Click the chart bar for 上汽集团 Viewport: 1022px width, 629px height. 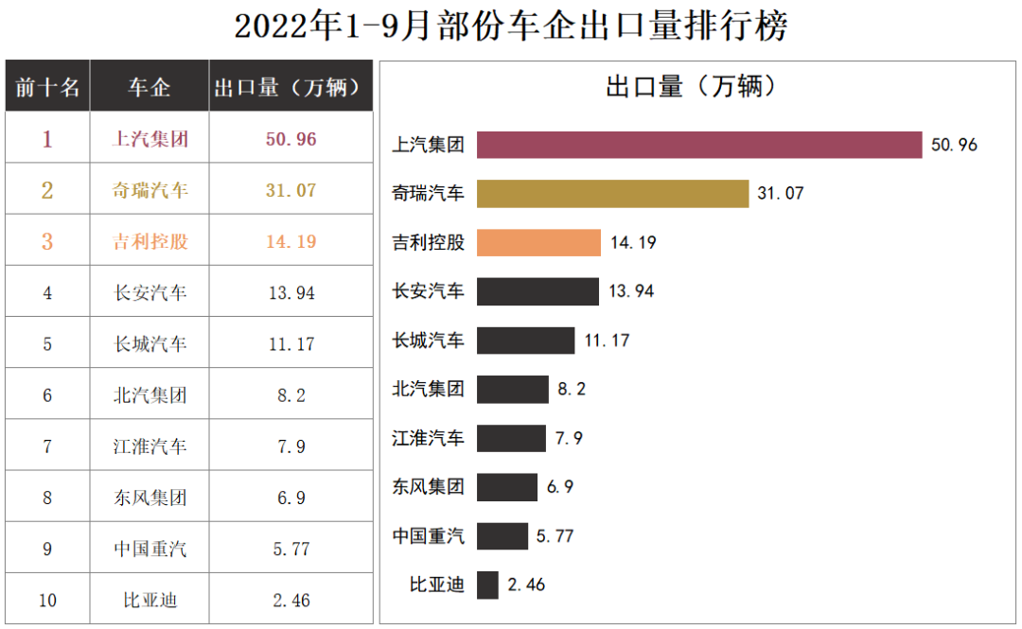[698, 145]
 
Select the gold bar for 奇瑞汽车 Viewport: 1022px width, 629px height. [612, 194]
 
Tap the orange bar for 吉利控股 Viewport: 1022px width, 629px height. [538, 242]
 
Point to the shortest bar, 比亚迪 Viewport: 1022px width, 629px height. [487, 585]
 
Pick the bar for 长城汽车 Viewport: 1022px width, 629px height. [525, 341]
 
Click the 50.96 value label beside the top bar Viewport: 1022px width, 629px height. [954, 146]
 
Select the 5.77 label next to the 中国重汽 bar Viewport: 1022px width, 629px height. [555, 536]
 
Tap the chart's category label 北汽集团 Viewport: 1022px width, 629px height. [429, 389]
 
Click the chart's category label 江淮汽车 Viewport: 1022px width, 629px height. [429, 438]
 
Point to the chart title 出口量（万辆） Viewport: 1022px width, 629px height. [692, 87]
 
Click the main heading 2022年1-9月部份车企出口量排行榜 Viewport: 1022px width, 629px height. [511, 26]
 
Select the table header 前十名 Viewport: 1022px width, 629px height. [47, 87]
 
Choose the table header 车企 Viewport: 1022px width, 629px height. [150, 87]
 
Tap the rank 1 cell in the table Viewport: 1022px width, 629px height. [47, 139]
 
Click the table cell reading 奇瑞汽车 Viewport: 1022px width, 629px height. [150, 190]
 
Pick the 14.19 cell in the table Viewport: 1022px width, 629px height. [291, 241]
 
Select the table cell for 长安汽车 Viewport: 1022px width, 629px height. [150, 292]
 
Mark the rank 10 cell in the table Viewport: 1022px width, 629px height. [47, 600]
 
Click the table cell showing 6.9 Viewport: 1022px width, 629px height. [291, 498]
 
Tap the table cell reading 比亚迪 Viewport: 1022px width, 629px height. [150, 600]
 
